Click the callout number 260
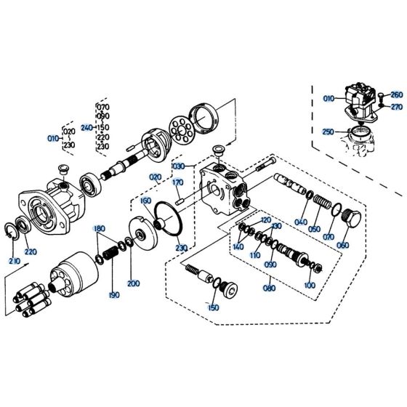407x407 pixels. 395,94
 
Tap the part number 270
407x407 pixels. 395,107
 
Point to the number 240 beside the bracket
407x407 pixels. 86,127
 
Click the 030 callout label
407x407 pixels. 178,166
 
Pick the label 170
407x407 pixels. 177,193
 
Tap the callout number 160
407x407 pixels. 145,201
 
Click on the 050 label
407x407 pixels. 314,229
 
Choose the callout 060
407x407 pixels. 342,245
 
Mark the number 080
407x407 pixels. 270,289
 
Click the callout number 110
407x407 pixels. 254,256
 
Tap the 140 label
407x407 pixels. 238,248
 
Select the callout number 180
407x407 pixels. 99,229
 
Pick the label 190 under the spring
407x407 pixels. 113,295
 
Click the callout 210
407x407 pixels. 14,260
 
